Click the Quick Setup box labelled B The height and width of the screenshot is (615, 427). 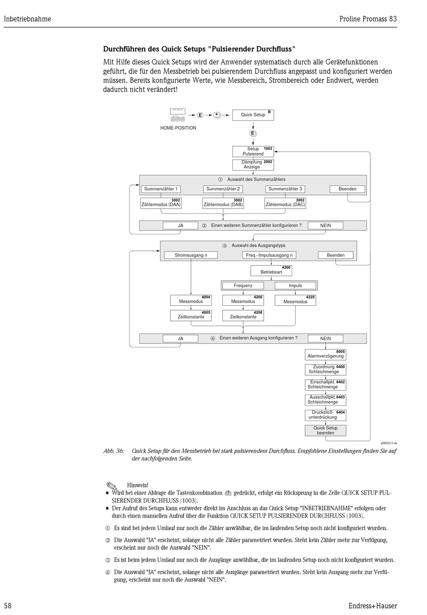click(x=253, y=115)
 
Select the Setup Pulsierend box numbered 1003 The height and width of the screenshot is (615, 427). click(x=253, y=151)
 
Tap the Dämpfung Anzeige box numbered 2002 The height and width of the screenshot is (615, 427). click(x=253, y=165)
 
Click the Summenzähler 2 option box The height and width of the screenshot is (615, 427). click(x=223, y=189)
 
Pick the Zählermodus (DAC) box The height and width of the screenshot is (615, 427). click(x=285, y=203)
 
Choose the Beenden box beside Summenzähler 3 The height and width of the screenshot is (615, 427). click(x=347, y=189)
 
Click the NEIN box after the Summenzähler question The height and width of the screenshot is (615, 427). click(x=325, y=226)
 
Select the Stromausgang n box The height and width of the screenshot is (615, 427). click(x=191, y=255)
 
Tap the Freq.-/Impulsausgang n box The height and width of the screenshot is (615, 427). click(x=269, y=255)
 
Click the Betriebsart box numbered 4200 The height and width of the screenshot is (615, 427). click(x=271, y=270)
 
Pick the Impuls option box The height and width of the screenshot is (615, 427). click(x=295, y=286)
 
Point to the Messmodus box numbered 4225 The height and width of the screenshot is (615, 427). click(x=295, y=300)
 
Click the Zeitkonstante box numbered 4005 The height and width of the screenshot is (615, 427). click(x=191, y=315)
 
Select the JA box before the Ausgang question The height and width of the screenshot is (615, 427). click(x=180, y=338)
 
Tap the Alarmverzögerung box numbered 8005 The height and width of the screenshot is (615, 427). click(x=325, y=355)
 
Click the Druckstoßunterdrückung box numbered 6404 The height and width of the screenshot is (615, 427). click(x=325, y=415)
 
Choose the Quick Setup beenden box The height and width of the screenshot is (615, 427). click(x=325, y=430)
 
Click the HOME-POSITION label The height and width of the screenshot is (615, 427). click(x=178, y=128)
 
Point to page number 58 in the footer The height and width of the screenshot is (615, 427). click(x=8, y=606)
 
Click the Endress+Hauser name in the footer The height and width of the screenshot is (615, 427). click(x=372, y=606)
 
